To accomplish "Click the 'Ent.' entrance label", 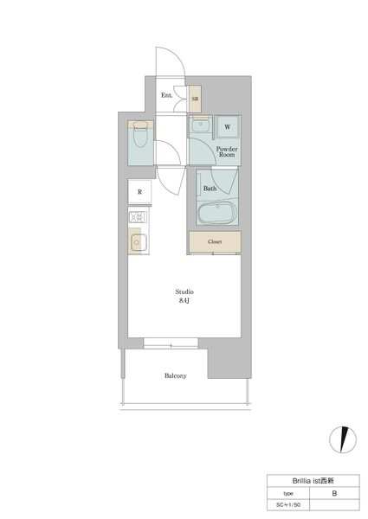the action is tap(166, 95).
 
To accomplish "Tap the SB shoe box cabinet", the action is tap(195, 99).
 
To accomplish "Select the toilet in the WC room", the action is tap(141, 134).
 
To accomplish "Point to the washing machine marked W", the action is tap(227, 127).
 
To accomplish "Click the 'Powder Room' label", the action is tap(227, 151).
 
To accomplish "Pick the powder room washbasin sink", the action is tap(199, 125).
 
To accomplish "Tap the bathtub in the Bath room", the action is tap(217, 213).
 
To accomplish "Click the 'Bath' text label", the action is tap(210, 189).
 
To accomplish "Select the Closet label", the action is tap(215, 242).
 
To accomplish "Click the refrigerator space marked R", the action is tap(139, 192).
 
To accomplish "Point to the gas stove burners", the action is tap(139, 217).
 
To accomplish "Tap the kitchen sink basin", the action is tap(139, 243).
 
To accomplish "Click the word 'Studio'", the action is tap(184, 292).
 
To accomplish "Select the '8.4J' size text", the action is tap(184, 300).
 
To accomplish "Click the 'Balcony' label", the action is tap(176, 375).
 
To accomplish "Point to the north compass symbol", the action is tap(343, 439).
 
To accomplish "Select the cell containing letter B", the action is tap(334, 493).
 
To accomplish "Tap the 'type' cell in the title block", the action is tap(288, 493).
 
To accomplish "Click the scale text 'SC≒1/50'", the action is tap(288, 505).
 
